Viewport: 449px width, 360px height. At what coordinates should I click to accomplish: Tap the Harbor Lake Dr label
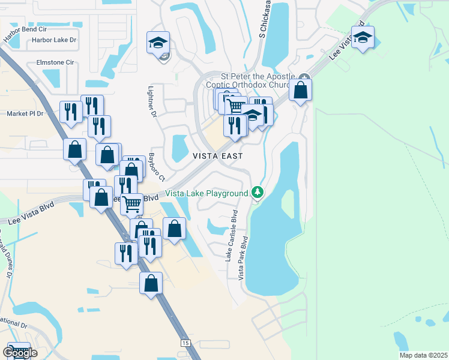(x=55, y=40)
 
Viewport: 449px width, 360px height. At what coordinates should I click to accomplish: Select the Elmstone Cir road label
(x=55, y=62)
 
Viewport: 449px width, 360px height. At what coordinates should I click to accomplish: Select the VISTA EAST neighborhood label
(x=217, y=155)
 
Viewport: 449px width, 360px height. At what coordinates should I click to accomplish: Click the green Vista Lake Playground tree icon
(x=258, y=192)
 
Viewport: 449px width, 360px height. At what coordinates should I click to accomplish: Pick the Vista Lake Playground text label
(x=206, y=193)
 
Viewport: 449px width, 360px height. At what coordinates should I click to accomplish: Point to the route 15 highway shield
(x=185, y=342)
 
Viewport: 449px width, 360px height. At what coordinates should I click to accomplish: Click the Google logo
(x=20, y=353)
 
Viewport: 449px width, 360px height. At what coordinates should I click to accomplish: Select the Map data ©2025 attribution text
(x=423, y=355)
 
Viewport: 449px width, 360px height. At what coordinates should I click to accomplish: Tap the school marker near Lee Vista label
(x=363, y=37)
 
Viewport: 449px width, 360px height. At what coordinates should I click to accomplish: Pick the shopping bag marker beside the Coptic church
(x=300, y=90)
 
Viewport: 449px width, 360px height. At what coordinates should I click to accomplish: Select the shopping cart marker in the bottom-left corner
(x=19, y=352)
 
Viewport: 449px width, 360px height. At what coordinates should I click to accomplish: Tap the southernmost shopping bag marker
(x=151, y=283)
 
